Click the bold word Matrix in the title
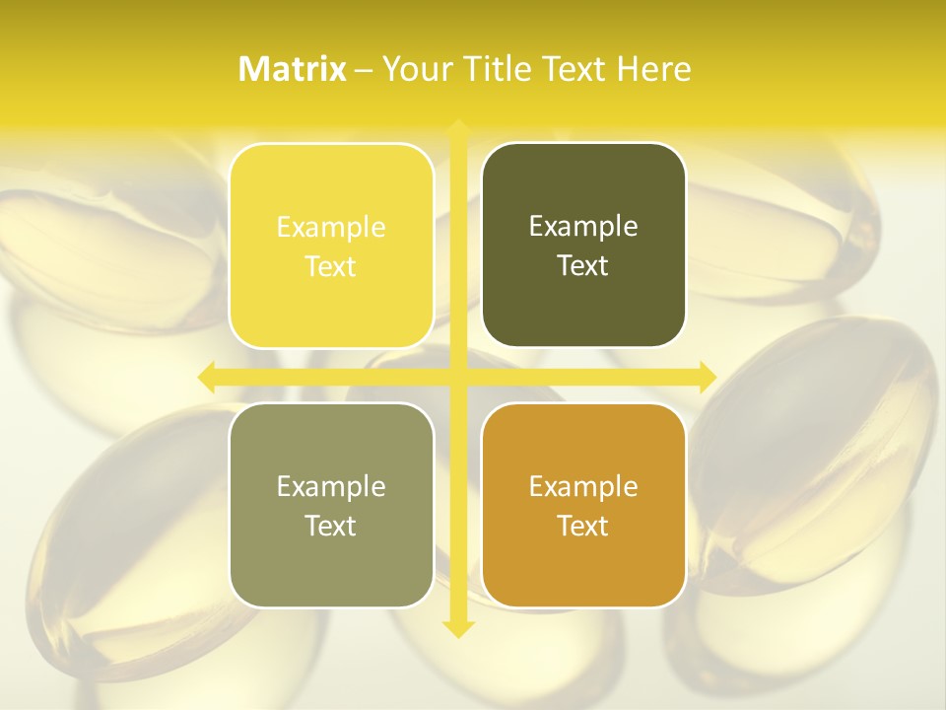[x=293, y=69]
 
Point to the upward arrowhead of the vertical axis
[x=457, y=128]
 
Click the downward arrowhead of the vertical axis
[x=457, y=628]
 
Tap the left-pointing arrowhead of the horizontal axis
[x=207, y=377]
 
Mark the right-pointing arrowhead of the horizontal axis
[x=707, y=377]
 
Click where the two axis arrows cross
[x=457, y=377]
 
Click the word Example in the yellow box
[x=331, y=228]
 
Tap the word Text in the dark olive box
[x=583, y=266]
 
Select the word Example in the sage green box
[x=331, y=487]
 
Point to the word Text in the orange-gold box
[x=583, y=527]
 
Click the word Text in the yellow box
[x=331, y=267]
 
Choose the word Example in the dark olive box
[x=583, y=227]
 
